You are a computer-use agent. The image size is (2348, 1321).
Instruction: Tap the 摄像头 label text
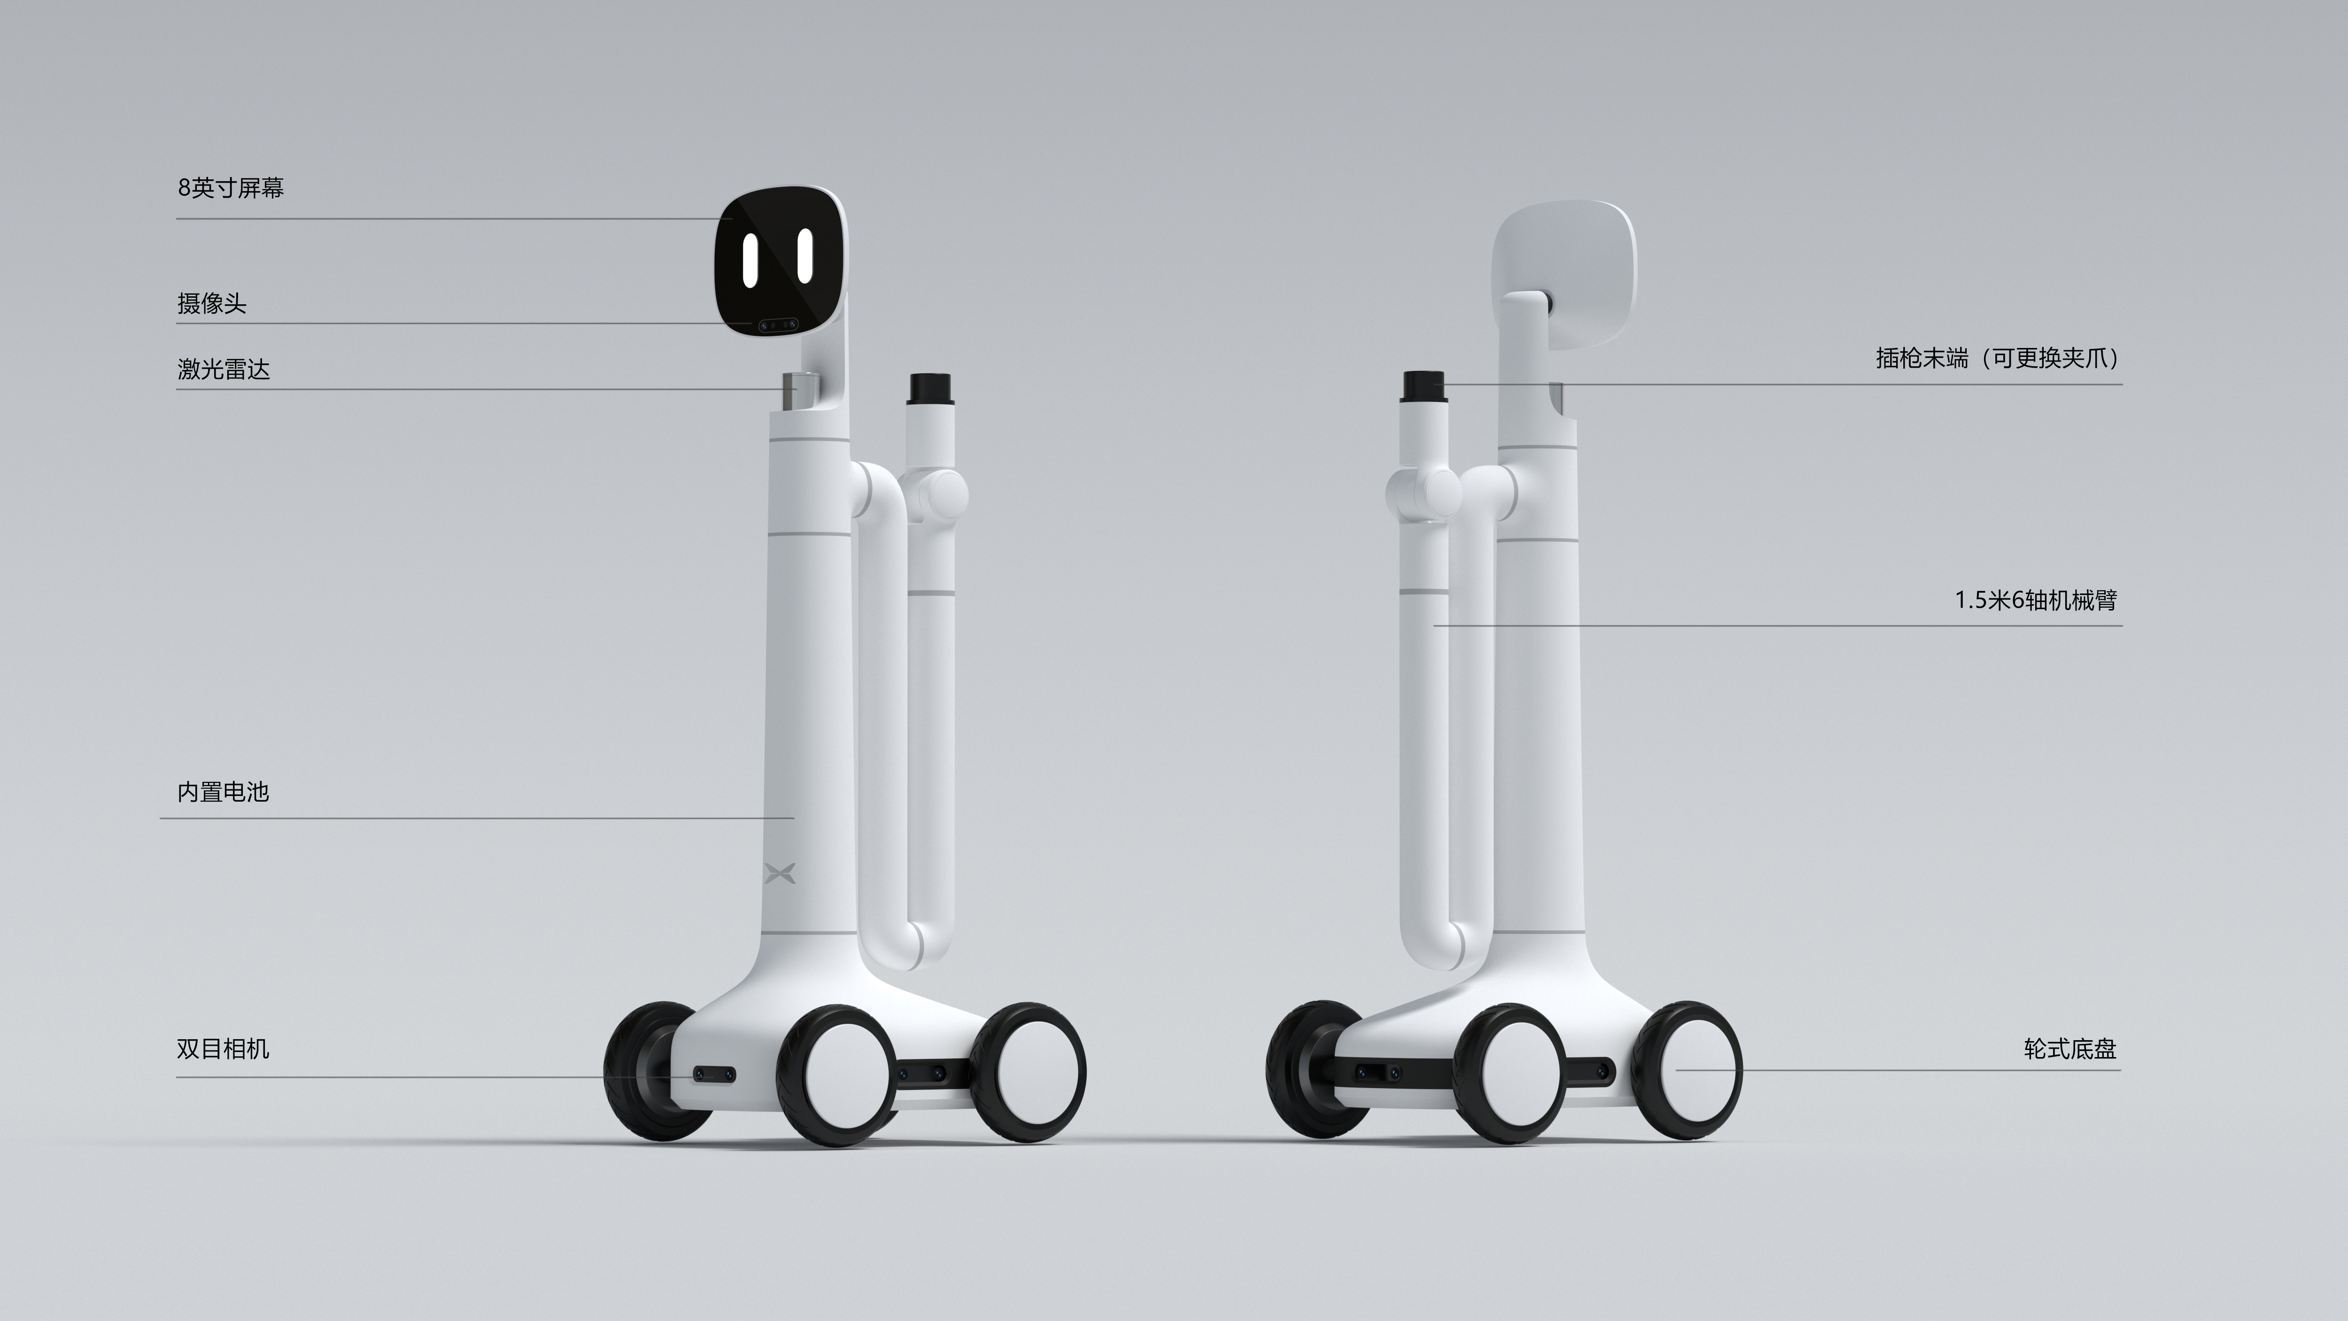click(x=211, y=303)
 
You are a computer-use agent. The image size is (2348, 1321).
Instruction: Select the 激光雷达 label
click(x=224, y=369)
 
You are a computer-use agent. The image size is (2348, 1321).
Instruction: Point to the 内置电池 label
click(x=224, y=791)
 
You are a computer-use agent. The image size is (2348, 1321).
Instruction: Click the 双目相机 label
click(x=224, y=1049)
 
